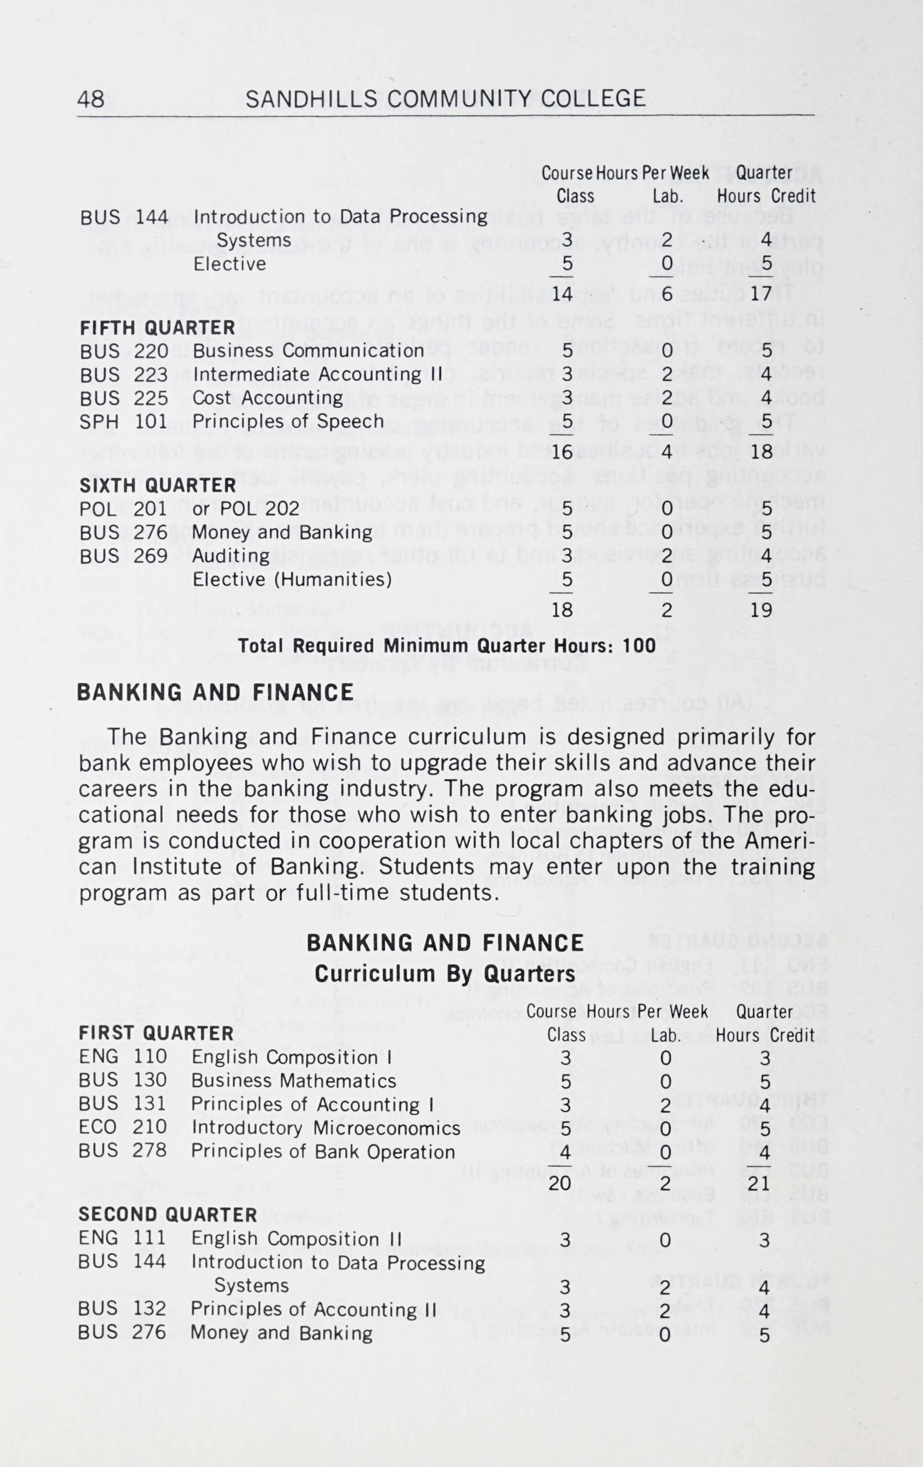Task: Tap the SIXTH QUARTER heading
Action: click(x=158, y=485)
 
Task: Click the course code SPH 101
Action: click(x=124, y=421)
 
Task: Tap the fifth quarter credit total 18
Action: click(x=762, y=452)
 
